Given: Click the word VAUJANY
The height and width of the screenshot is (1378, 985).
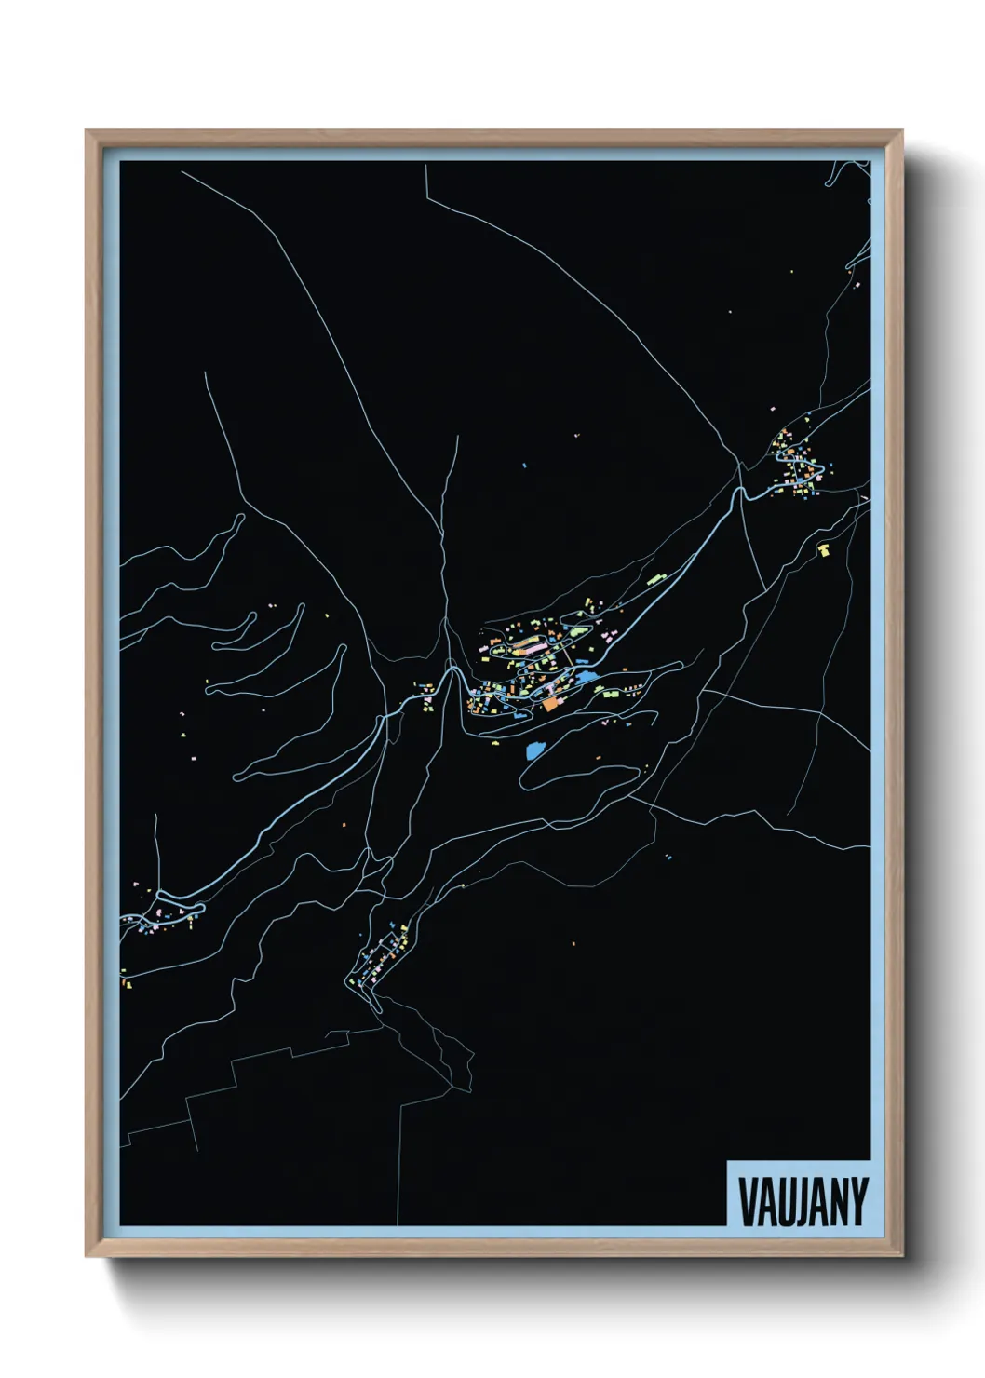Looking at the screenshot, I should click(x=803, y=1201).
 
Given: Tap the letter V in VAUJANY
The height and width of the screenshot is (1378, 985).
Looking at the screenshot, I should click(x=747, y=1201).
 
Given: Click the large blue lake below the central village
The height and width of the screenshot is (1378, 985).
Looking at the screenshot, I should click(x=535, y=750).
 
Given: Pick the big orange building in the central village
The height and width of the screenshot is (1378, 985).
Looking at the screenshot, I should click(x=550, y=705).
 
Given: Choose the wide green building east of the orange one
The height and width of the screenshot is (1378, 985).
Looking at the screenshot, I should click(x=611, y=695).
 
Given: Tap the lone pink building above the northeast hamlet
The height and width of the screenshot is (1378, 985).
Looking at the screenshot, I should click(x=772, y=409).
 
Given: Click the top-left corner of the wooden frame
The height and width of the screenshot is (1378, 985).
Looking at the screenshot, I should click(x=87, y=131).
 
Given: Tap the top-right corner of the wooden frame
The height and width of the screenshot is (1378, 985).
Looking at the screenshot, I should click(x=902, y=131).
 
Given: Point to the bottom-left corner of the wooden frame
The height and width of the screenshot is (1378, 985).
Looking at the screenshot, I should click(x=87, y=1256).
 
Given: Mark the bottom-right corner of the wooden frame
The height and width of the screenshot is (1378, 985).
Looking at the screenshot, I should click(x=902, y=1256).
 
